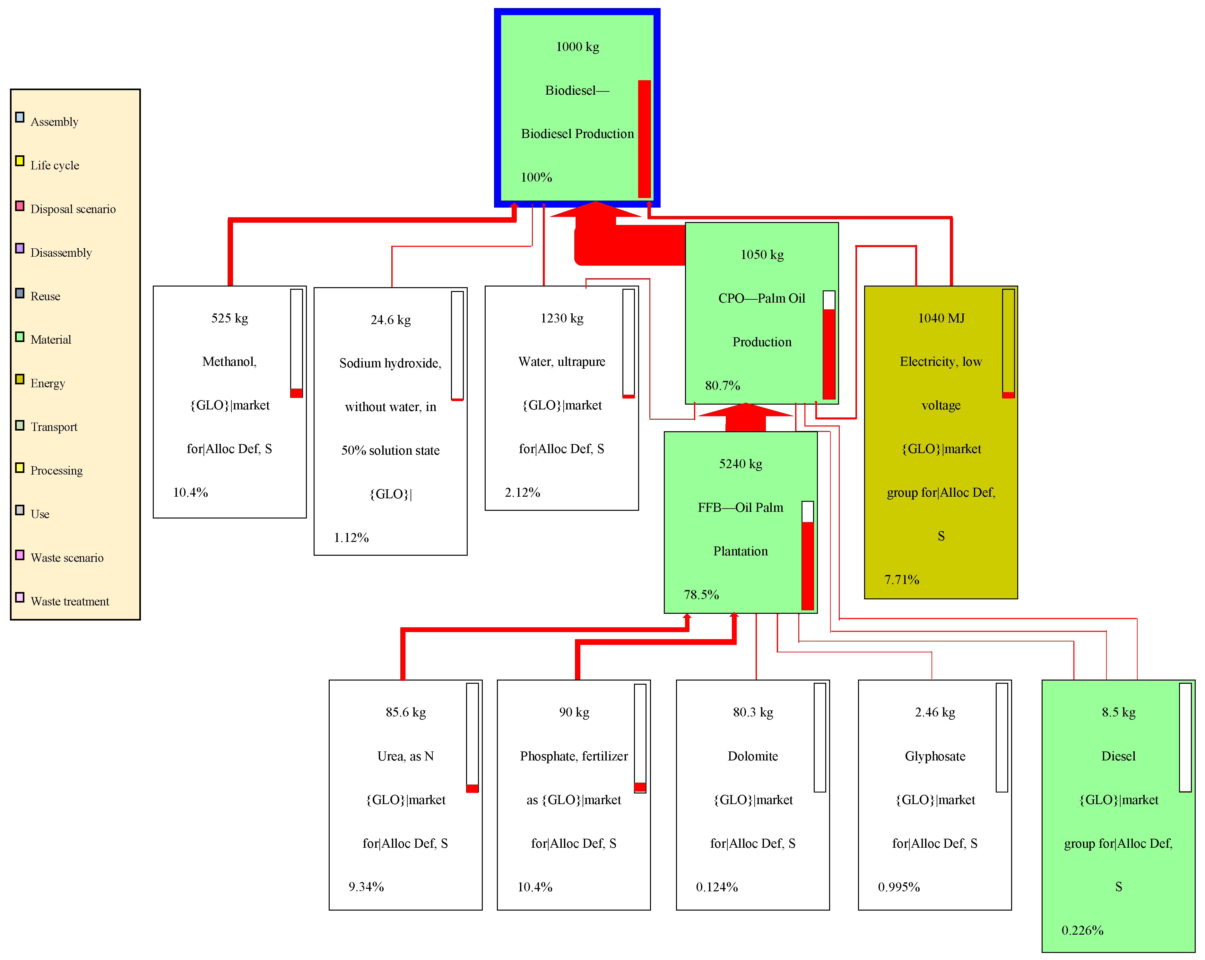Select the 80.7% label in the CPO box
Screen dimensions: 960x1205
[x=722, y=386]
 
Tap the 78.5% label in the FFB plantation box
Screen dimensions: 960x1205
[x=701, y=595]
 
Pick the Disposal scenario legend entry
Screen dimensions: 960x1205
[x=73, y=209]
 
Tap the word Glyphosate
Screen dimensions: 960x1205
[x=934, y=756]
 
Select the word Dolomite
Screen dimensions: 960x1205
[x=752, y=756]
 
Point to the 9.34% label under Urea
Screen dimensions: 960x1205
[x=366, y=887]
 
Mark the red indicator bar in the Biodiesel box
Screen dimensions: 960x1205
[x=645, y=139]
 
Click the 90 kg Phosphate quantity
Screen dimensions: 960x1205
[x=574, y=712]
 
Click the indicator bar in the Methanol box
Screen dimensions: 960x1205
[x=296, y=343]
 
